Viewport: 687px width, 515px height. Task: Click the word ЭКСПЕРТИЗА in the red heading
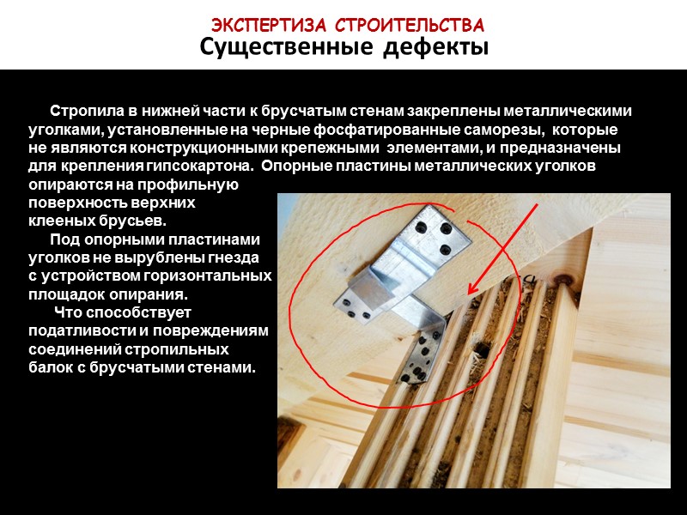[x=269, y=26]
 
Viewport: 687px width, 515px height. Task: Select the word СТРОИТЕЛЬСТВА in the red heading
[x=410, y=26]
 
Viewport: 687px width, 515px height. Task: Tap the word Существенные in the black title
[x=287, y=47]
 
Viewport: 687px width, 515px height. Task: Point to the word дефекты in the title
[x=436, y=47]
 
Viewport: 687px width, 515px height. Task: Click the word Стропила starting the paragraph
[x=88, y=112]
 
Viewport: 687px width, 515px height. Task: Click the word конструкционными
[x=204, y=148]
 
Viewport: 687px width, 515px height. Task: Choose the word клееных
[x=62, y=221]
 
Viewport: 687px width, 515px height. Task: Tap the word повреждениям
[x=210, y=331]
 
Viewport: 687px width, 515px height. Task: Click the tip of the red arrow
[x=469, y=294]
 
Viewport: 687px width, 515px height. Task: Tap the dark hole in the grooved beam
[x=481, y=348]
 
